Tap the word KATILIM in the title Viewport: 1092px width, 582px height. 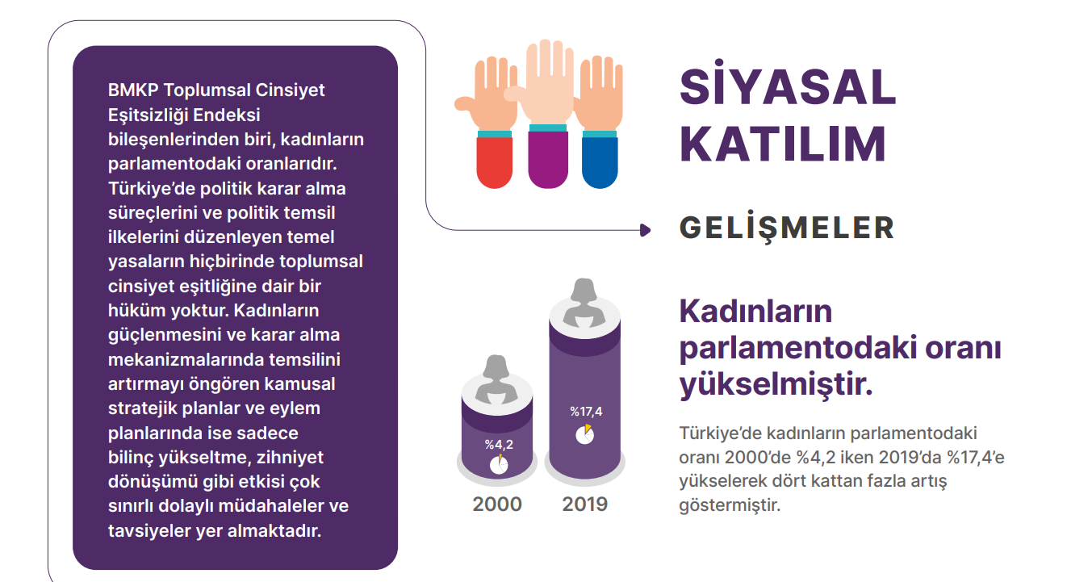coord(782,144)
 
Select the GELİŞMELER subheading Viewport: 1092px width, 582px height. coord(786,228)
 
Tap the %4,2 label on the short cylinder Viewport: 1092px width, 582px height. coord(499,444)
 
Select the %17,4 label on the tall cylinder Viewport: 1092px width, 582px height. coord(586,412)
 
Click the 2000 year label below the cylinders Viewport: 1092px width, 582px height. coord(497,505)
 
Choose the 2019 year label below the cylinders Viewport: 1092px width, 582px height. coord(585,505)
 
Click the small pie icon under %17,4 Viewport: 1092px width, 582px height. coord(585,434)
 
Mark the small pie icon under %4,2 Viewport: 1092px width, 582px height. coord(499,465)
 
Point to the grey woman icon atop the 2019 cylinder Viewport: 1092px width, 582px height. coord(584,302)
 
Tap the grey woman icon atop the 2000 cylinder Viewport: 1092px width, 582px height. coord(496,379)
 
